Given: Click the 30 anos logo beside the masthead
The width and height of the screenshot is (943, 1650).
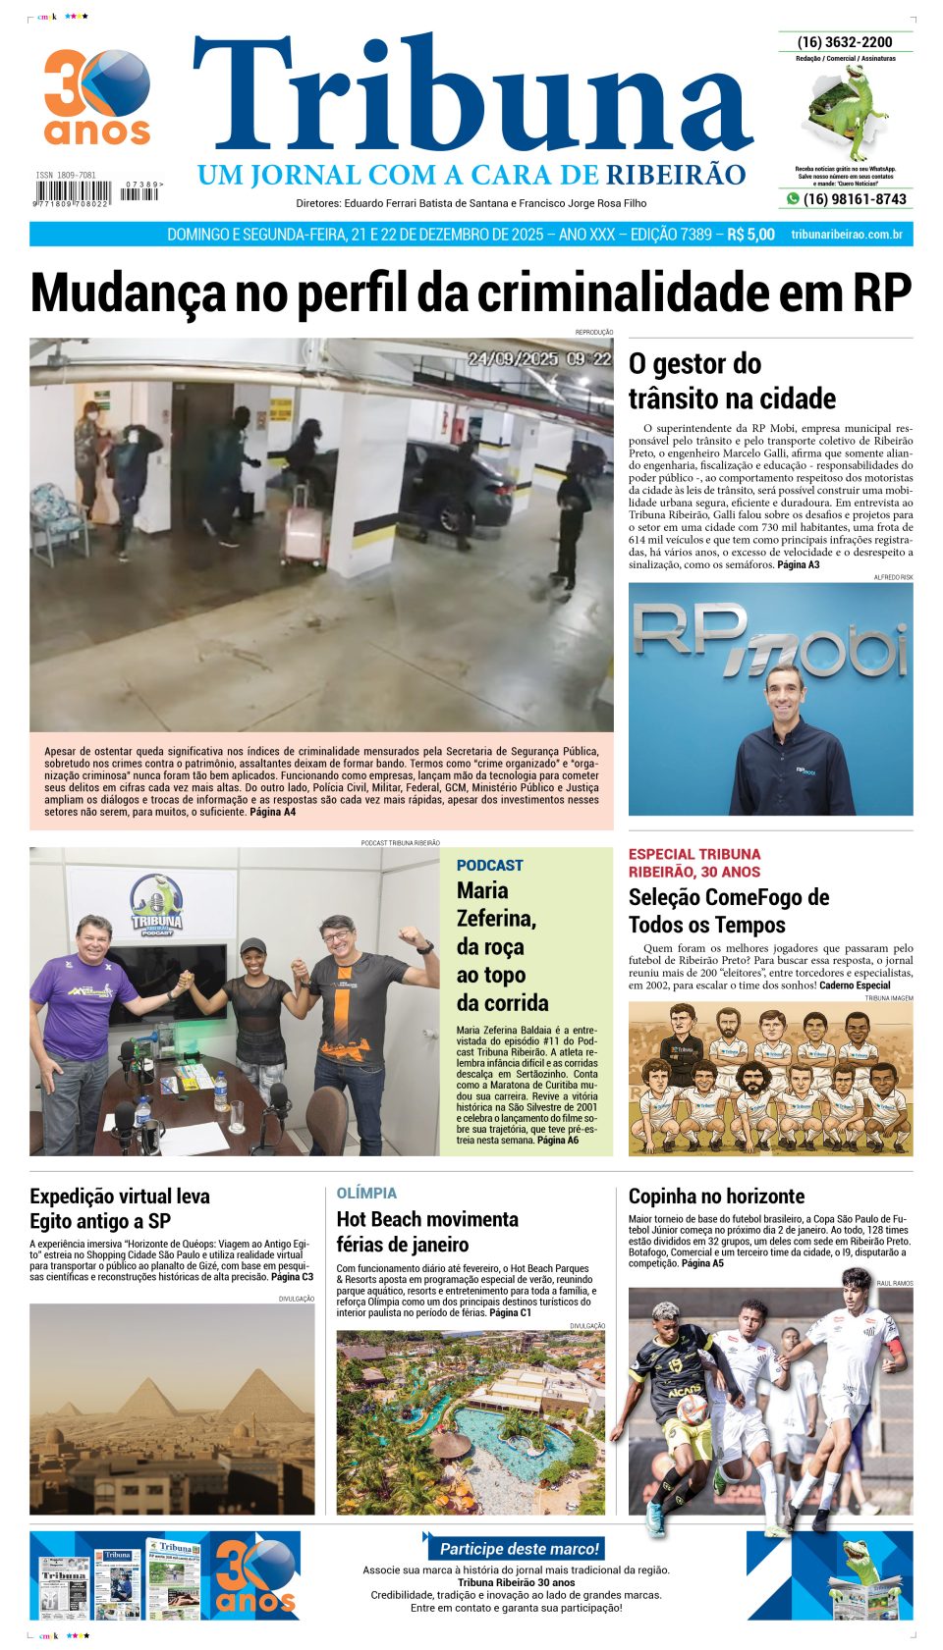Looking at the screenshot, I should pyautogui.click(x=97, y=97).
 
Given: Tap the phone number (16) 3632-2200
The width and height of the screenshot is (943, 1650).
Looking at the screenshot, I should pyautogui.click(x=845, y=42).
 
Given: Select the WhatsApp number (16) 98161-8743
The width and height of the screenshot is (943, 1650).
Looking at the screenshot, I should pyautogui.click(x=854, y=199).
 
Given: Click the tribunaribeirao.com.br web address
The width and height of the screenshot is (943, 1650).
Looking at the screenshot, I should pyautogui.click(x=846, y=235).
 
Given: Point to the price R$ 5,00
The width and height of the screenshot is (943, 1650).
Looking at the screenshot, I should pyautogui.click(x=750, y=235).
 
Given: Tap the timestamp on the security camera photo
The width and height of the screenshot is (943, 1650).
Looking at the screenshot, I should pyautogui.click(x=538, y=359).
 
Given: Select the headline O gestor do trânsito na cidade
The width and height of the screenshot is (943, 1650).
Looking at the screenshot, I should pyautogui.click(x=732, y=381).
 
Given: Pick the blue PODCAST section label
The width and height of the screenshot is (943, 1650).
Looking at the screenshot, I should pyautogui.click(x=489, y=865).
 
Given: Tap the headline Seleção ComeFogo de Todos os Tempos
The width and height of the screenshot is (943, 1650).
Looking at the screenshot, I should pyautogui.click(x=728, y=911).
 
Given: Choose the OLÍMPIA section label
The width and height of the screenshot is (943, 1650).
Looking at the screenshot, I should pyautogui.click(x=366, y=1193).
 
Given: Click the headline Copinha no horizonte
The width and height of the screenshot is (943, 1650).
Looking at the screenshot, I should pyautogui.click(x=716, y=1196).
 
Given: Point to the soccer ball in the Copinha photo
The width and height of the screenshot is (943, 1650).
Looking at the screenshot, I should pyautogui.click(x=692, y=1410).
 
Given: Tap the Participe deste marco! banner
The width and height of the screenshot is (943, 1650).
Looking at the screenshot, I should pyautogui.click(x=519, y=1548).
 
